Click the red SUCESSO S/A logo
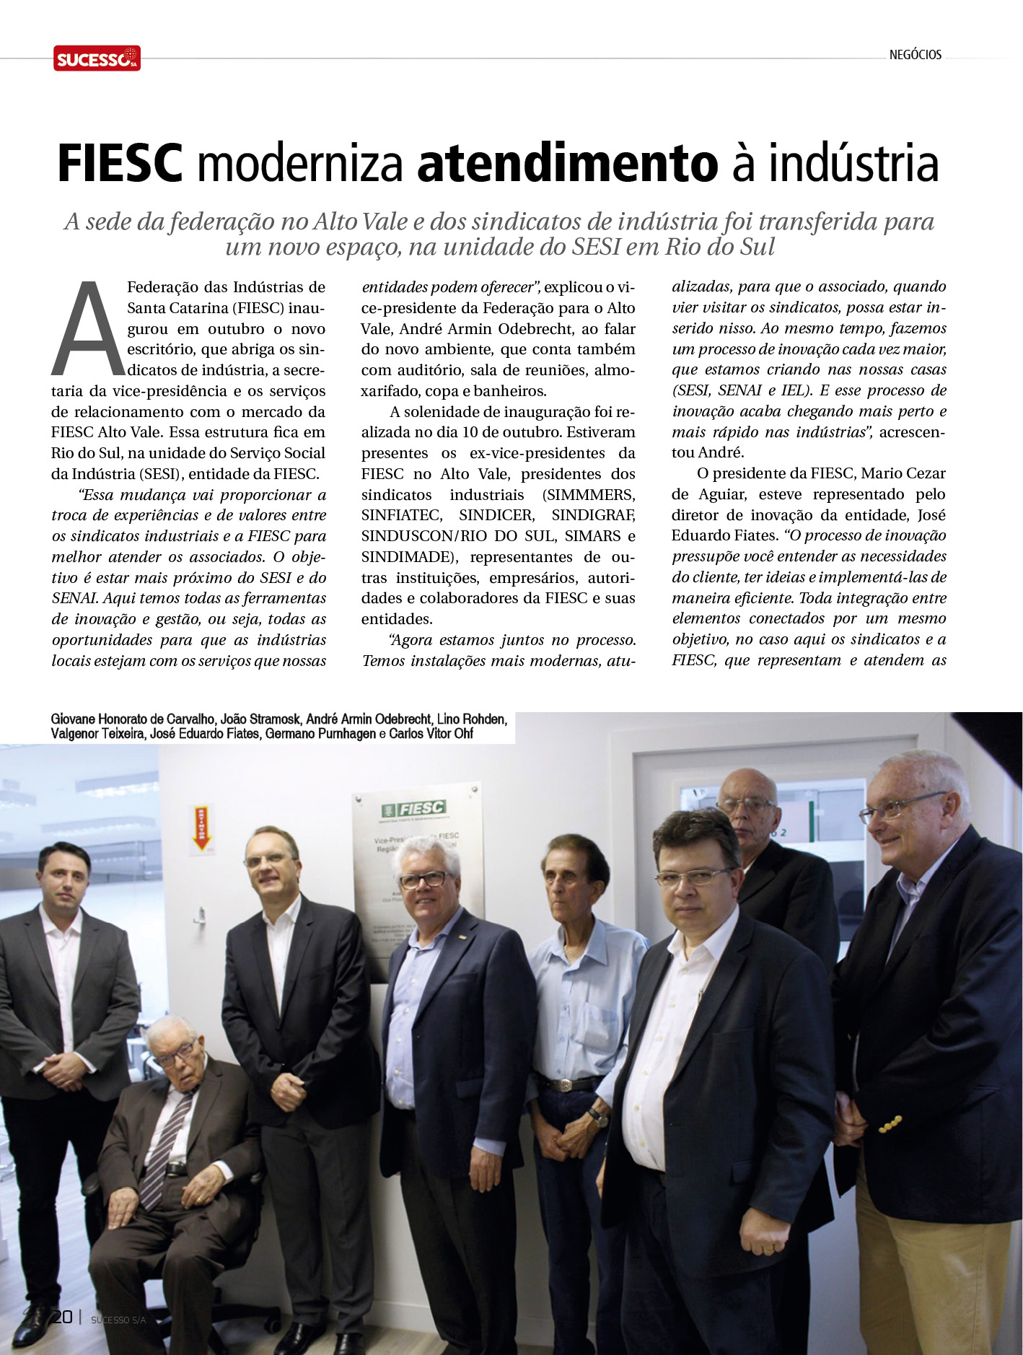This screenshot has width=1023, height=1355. pos(97,58)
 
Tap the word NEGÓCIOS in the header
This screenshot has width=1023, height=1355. pos(915,55)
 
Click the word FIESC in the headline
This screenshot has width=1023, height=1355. pos(119,165)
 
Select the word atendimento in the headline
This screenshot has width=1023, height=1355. pos(567,165)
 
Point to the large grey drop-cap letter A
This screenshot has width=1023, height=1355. pos(87,330)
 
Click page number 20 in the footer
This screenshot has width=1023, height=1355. pos(62,1317)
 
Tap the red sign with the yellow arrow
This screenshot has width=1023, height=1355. pos(203,828)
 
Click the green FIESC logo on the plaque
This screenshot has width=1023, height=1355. pos(414,810)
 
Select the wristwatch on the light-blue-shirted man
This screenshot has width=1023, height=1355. pos(597,1116)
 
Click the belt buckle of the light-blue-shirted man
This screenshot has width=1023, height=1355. pos(566,1084)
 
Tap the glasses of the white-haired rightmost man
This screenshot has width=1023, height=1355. pos(900,807)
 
